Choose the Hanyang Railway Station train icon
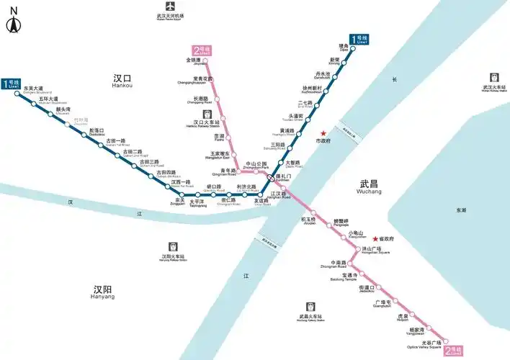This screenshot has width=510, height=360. (172, 246)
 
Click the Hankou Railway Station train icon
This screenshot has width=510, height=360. (207, 114)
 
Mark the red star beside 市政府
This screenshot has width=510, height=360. (324, 132)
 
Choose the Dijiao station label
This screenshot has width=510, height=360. (344, 48)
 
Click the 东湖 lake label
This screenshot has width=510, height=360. (461, 210)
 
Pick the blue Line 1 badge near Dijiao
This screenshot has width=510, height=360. (359, 40)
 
